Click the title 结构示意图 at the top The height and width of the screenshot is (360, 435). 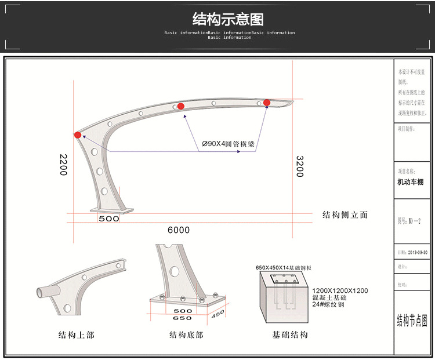pos(228,19)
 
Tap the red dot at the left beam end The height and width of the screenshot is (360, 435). pos(78,135)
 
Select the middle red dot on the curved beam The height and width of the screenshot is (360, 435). pos(181,106)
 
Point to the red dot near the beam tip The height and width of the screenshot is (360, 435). pos(267,103)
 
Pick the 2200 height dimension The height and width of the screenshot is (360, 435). pos(63,165)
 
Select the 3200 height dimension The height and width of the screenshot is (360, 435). pos(300,166)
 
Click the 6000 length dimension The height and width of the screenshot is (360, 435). pos(179,230)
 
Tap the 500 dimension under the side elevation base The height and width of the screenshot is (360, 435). pos(108,219)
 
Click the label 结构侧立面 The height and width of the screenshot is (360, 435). pos(345,214)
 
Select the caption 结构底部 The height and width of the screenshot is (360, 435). pos(185,334)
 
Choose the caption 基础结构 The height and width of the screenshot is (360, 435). pos(289,334)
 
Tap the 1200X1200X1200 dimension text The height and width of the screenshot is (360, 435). pos(340,290)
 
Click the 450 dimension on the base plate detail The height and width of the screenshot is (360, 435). pos(217,314)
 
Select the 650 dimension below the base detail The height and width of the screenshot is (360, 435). pos(183,318)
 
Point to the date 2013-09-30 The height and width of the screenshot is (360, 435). pos(416,253)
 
